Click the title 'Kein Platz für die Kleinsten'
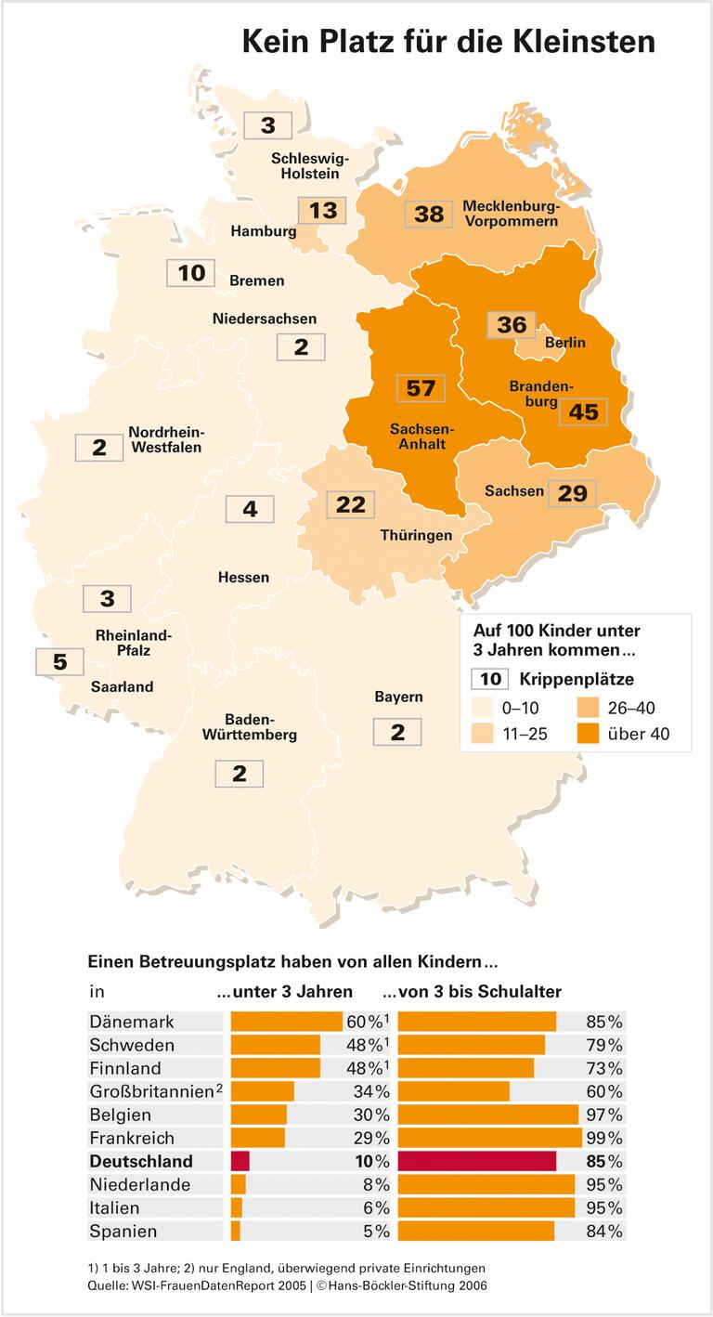coord(448,42)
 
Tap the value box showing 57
coord(421,387)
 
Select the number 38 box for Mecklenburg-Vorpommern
coord(429,214)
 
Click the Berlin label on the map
coord(564,343)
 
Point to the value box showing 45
coord(583,411)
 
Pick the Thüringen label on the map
coord(416,535)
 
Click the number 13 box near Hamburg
coord(322,211)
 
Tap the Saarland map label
coord(122,687)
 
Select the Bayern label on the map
coord(398,697)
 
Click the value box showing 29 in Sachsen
coord(572,493)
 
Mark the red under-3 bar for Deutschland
coord(240,1161)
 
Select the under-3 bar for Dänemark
coord(287,1022)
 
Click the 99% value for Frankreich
coord(604,1138)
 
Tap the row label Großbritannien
coord(152,1091)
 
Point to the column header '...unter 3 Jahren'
coord(285,991)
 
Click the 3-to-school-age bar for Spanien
coord(476,1231)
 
